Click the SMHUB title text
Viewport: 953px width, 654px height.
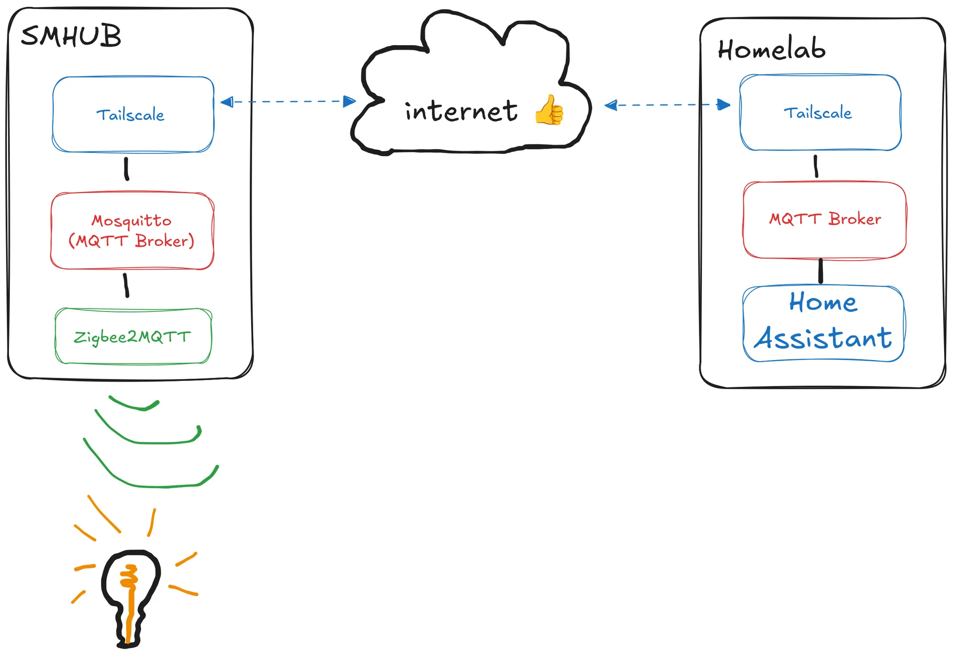[x=71, y=36]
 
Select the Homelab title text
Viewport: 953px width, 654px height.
[x=771, y=50]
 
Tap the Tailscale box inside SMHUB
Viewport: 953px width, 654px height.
[x=133, y=114]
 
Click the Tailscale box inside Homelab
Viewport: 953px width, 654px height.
[x=820, y=113]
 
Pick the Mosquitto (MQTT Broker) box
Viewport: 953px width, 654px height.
[x=132, y=231]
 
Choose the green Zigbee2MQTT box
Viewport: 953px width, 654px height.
[x=133, y=337]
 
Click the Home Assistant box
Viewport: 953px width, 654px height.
[x=823, y=323]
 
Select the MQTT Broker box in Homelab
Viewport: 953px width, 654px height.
[x=824, y=219]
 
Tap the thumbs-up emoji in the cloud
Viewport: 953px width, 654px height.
[x=549, y=110]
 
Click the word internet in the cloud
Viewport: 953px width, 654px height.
[x=461, y=111]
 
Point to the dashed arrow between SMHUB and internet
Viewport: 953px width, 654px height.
[x=288, y=101]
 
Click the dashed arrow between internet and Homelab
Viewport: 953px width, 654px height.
[x=668, y=105]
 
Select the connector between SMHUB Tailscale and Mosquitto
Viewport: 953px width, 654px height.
[x=127, y=169]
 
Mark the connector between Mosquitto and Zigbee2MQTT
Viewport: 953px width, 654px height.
[x=126, y=286]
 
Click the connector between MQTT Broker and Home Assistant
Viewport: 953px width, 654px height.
[x=820, y=271]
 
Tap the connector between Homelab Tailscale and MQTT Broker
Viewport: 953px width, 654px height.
[x=816, y=166]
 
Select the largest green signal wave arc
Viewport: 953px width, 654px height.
[x=149, y=484]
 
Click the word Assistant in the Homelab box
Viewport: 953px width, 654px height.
[x=823, y=339]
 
